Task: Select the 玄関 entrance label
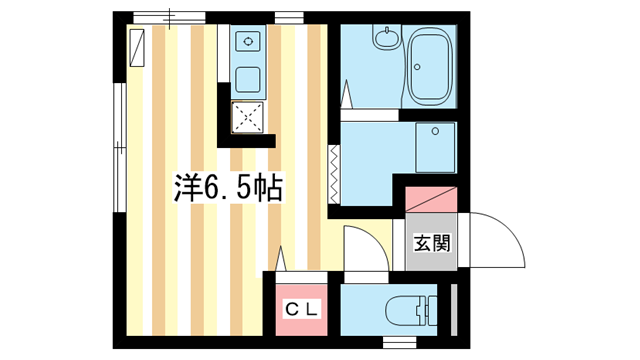(x=432, y=242)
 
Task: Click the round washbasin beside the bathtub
(x=386, y=41)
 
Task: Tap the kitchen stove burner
(x=248, y=42)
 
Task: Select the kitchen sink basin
(x=248, y=79)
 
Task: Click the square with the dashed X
(x=248, y=117)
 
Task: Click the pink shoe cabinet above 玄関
(x=432, y=197)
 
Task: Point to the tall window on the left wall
(x=119, y=150)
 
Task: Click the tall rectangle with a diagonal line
(x=137, y=48)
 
